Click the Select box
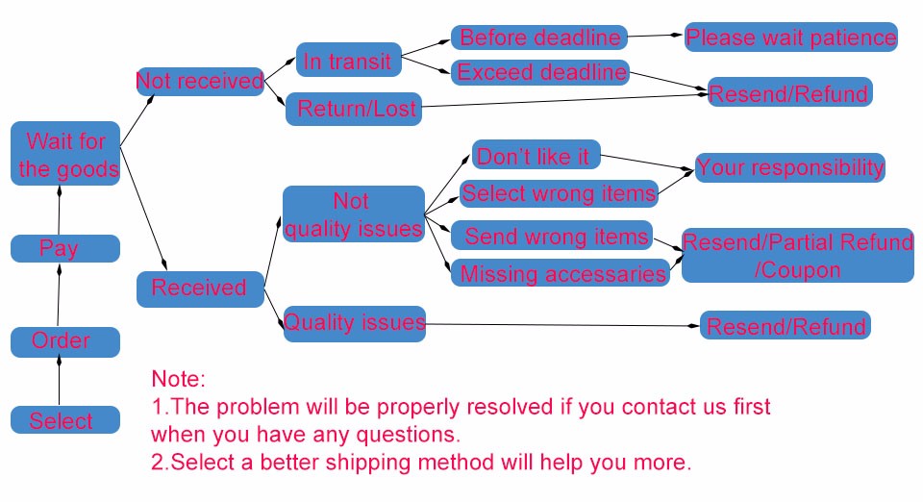click(65, 419)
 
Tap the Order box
click(65, 341)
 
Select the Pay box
click(65, 248)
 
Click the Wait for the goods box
click(65, 154)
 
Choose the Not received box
click(200, 81)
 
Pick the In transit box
click(347, 61)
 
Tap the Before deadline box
click(539, 38)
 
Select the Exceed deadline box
click(540, 72)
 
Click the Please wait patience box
click(790, 38)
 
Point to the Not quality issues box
click(353, 213)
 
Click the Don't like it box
click(536, 155)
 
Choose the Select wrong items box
click(559, 193)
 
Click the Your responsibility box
click(788, 166)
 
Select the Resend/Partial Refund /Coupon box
click(797, 255)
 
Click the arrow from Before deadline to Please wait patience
click(656, 37)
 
